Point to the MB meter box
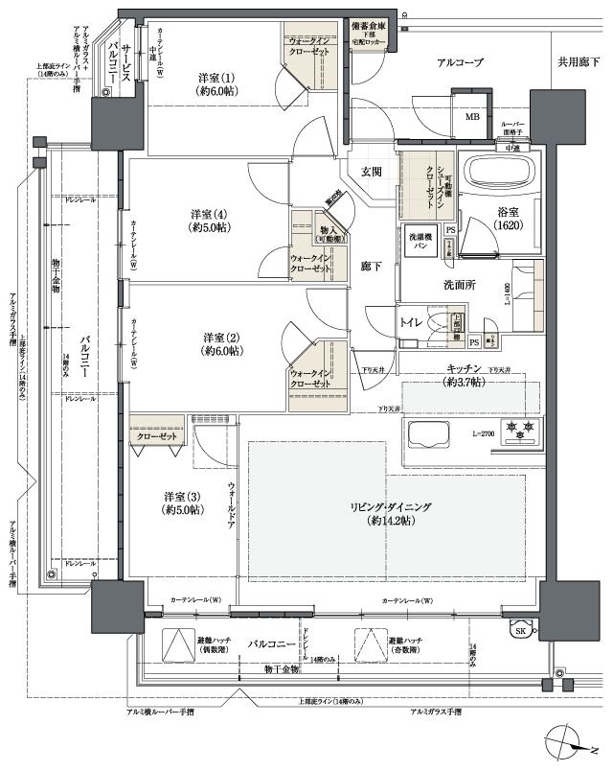471,117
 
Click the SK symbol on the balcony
520,630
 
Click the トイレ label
411,323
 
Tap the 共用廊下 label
580,62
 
